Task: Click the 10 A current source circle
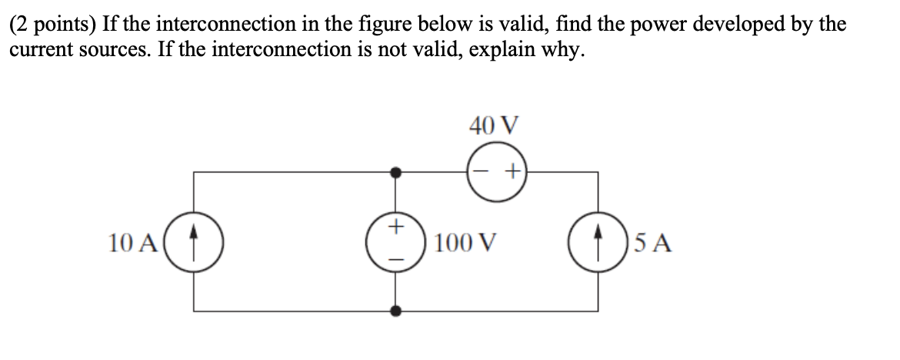[x=193, y=242]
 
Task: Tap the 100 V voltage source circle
[x=396, y=242]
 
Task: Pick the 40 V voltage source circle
[x=498, y=174]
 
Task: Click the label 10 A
[x=135, y=243]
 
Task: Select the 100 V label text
[x=462, y=243]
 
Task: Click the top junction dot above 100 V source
[x=396, y=174]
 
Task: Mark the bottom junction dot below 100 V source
[x=396, y=311]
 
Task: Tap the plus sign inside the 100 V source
[x=396, y=227]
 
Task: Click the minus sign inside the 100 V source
[x=396, y=258]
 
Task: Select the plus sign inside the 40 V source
[x=512, y=174]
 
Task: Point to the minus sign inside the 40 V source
[x=482, y=174]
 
